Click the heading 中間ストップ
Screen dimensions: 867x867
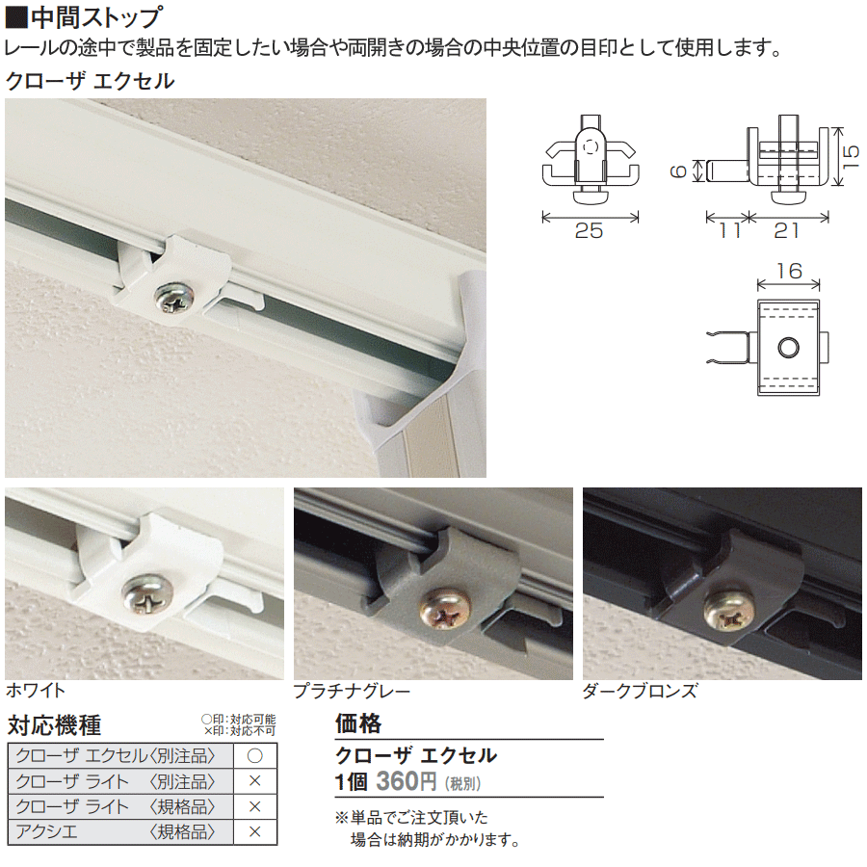coord(96,17)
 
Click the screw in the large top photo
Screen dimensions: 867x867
coord(174,298)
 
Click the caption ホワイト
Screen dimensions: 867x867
coord(36,690)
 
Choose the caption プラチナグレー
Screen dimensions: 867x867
coord(352,691)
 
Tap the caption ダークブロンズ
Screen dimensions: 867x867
coord(640,691)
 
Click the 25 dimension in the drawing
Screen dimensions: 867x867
coord(589,230)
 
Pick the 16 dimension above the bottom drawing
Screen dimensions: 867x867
coord(789,271)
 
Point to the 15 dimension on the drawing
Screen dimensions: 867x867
coord(852,156)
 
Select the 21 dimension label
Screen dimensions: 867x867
coord(786,230)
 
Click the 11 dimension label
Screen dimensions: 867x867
coord(729,230)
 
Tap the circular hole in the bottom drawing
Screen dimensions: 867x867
coord(788,348)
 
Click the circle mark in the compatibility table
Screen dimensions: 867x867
coord(255,756)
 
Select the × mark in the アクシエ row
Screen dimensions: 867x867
coord(255,831)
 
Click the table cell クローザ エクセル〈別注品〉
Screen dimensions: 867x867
coord(116,756)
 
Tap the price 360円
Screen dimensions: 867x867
coord(407,781)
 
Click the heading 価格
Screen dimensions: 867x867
coord(358,723)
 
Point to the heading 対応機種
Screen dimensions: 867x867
coord(54,725)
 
